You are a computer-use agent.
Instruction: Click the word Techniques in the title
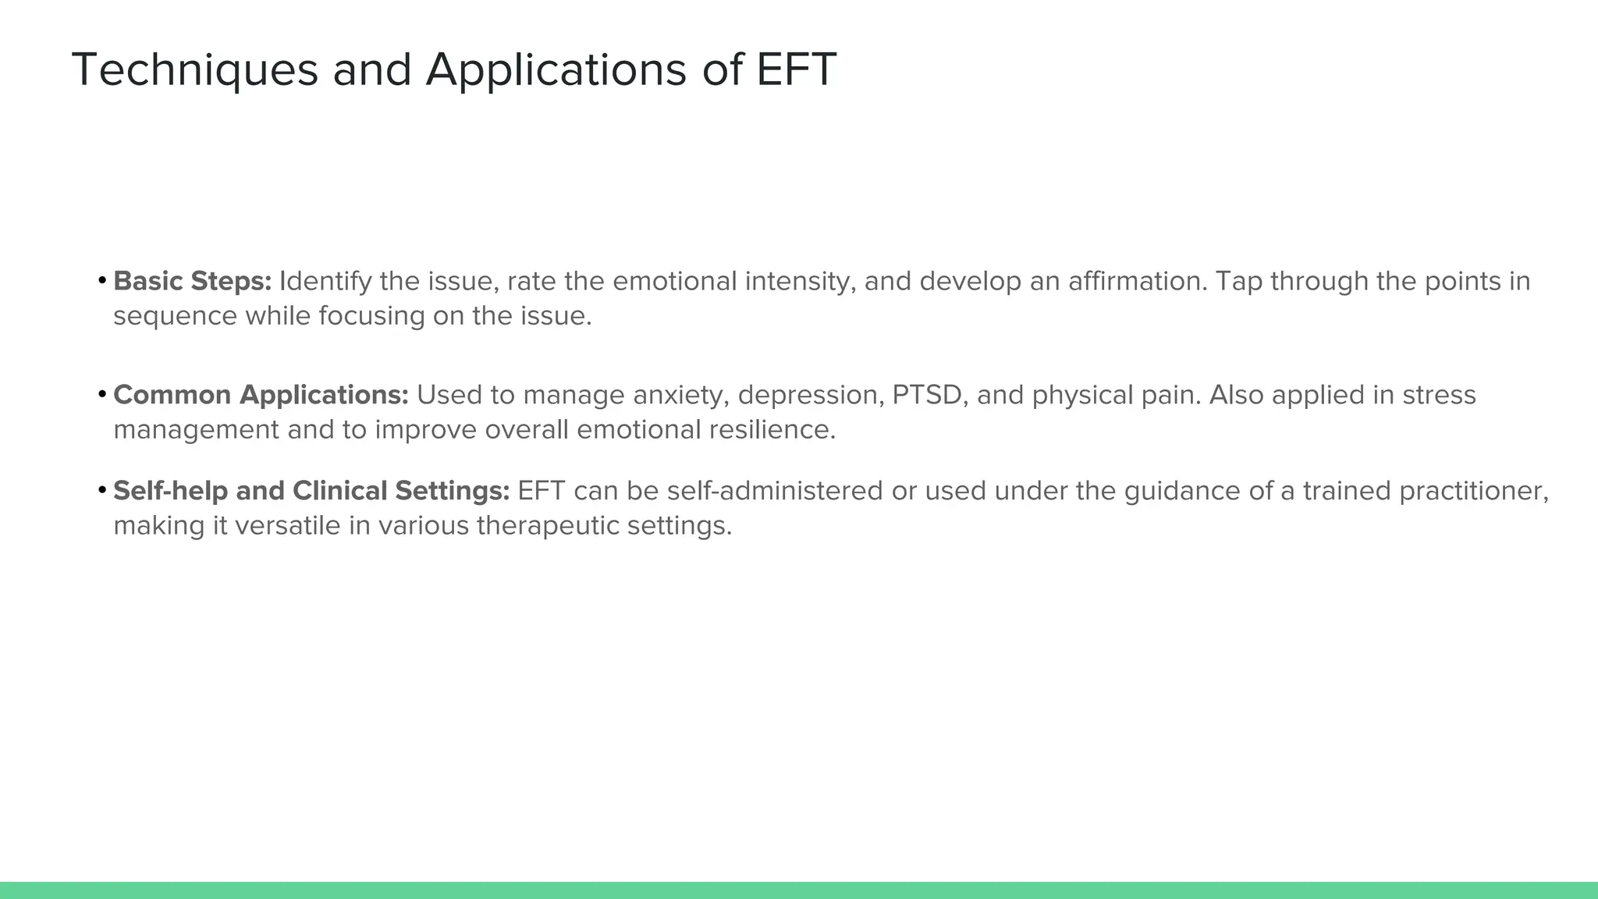[x=195, y=70]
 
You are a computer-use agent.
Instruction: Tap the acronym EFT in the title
[x=796, y=69]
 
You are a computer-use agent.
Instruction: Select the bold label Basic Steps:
[x=192, y=281]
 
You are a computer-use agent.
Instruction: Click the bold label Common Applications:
[x=261, y=395]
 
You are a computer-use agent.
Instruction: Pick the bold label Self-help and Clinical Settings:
[x=311, y=491]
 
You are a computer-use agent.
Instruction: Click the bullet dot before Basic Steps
[x=102, y=280]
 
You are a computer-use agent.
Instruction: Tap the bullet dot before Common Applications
[x=102, y=394]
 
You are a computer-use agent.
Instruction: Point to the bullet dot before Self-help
[x=102, y=490]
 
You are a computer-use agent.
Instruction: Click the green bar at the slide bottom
[x=799, y=890]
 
